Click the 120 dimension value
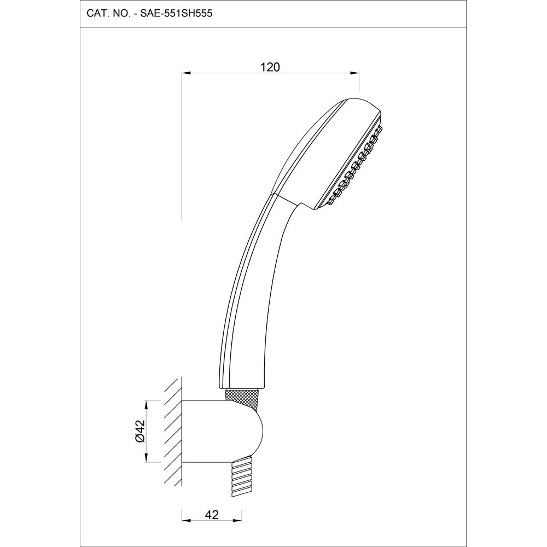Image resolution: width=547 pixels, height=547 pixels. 270,67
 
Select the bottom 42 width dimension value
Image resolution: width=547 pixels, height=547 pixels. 212,514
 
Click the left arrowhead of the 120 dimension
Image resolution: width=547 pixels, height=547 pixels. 185,73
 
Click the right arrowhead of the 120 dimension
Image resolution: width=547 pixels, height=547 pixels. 356,73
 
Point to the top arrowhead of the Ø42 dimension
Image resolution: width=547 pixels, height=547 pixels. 146,403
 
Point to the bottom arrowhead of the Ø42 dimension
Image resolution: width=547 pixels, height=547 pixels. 146,459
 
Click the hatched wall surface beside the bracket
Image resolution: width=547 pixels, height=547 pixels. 172,432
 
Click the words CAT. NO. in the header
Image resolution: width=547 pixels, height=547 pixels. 107,14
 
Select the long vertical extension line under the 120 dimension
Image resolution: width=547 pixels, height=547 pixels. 182,148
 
